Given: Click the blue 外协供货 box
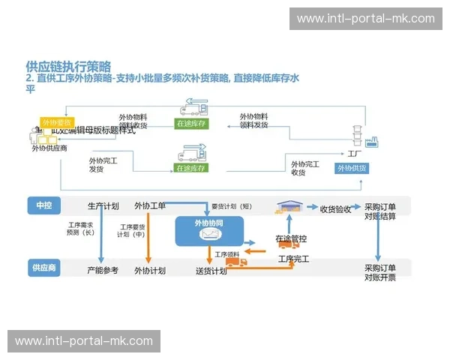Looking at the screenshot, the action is click(351, 169).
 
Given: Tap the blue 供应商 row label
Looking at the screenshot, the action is click(43, 267).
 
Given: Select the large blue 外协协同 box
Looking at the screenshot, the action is click(209, 230).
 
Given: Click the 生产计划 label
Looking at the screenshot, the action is click(103, 206).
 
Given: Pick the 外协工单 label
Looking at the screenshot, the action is click(150, 206).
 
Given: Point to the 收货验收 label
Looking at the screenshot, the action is click(335, 209).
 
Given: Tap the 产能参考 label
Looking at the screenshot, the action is click(103, 270).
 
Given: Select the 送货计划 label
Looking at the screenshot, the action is click(211, 271).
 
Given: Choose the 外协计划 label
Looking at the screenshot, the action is click(150, 271).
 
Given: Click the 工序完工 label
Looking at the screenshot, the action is click(293, 259).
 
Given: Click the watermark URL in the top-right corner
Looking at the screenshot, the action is click(365, 19).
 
